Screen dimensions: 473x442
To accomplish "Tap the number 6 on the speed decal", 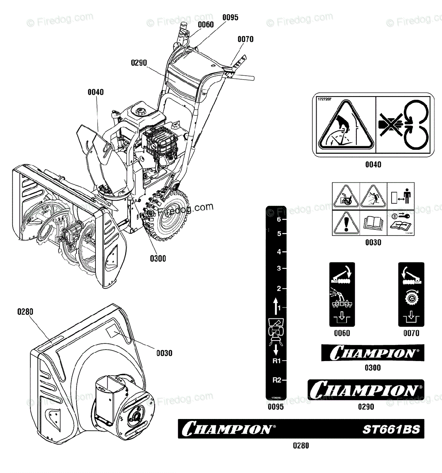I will (279, 220).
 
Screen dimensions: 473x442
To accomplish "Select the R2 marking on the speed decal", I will (277, 380).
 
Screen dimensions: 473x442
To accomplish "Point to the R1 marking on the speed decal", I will (277, 361).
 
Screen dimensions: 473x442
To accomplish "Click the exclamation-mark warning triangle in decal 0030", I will (346, 223).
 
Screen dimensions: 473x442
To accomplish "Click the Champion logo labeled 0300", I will (373, 353).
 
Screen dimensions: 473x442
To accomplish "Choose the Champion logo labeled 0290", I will (366, 389).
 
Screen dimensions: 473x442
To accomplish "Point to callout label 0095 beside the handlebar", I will (230, 17).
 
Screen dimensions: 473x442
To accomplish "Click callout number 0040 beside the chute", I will (95, 92).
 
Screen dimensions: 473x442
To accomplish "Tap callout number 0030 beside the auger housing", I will (164, 353).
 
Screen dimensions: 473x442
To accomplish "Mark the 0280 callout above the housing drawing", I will (25, 312).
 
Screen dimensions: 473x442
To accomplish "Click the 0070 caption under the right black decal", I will (411, 333).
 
